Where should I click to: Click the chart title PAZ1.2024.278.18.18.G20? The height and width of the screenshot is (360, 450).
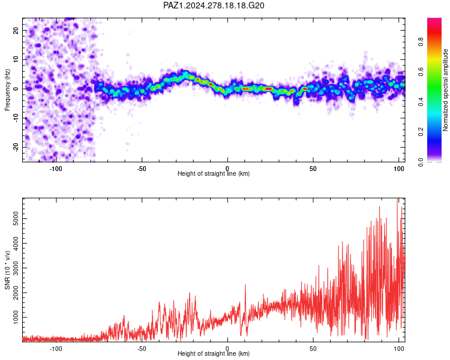tap(214, 5)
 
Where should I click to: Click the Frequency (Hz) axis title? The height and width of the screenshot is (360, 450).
tap(7, 90)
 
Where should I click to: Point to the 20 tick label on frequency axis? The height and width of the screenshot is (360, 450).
tap(16, 31)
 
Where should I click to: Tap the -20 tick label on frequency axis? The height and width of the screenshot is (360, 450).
tap(16, 148)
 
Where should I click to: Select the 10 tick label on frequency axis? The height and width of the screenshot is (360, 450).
tap(16, 60)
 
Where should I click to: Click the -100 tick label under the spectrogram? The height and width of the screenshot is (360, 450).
tap(56, 169)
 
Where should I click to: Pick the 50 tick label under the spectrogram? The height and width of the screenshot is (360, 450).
tap(313, 169)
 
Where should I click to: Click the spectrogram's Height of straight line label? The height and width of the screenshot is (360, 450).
tap(214, 173)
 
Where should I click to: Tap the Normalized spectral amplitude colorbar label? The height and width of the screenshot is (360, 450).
tap(445, 90)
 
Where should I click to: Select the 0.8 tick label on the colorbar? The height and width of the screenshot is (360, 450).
tap(421, 41)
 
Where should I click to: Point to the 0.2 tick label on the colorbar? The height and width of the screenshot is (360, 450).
tap(421, 131)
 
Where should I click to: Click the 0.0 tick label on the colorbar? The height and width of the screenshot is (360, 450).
tap(421, 162)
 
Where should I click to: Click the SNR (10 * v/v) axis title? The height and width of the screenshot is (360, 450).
tap(8, 270)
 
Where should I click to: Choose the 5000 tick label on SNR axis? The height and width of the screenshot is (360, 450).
tap(16, 218)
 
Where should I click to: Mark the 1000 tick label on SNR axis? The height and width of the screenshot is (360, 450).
tap(16, 317)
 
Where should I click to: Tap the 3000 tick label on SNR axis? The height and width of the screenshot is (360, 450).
tap(16, 268)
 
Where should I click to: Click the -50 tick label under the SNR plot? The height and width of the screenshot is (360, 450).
tap(142, 349)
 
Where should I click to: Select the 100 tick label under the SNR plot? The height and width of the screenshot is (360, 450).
tap(399, 349)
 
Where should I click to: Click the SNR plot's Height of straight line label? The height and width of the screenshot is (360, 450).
tap(214, 353)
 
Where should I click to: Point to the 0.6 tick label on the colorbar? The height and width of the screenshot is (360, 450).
tap(421, 71)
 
